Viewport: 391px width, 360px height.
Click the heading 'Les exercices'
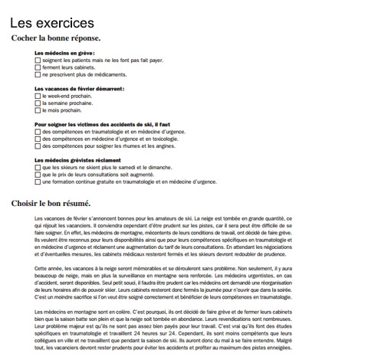53,24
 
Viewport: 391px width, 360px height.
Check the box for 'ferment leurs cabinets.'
38,67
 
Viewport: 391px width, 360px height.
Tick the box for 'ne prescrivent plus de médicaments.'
38,74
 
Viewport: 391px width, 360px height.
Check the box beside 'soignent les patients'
38,60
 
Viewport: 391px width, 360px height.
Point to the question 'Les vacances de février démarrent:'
80,88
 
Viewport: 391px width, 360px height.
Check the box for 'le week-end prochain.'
38,96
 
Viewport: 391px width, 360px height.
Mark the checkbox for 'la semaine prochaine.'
38,103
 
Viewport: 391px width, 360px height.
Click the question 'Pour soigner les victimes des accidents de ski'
100,124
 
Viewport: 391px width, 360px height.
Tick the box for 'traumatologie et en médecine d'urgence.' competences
38,132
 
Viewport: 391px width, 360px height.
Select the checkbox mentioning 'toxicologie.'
38,139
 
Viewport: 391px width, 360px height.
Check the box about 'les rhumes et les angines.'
38,146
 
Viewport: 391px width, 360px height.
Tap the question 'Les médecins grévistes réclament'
79,160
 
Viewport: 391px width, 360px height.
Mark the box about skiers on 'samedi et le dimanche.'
38,168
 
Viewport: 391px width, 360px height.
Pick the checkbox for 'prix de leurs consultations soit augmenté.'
38,175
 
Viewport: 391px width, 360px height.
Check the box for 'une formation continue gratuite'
38,182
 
